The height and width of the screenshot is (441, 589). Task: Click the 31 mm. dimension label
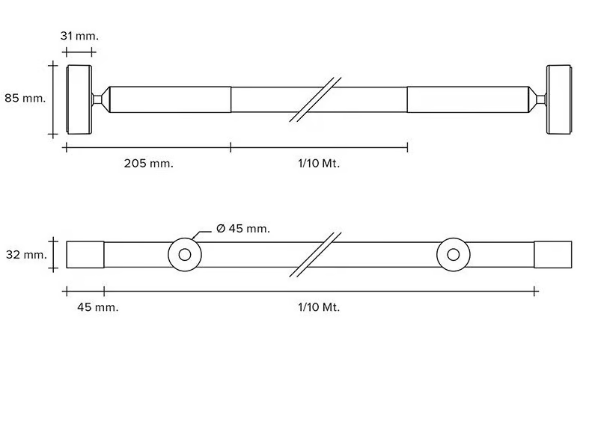click(79, 36)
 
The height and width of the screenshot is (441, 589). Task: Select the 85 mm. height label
click(25, 98)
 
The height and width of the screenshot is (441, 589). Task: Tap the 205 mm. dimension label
click(149, 164)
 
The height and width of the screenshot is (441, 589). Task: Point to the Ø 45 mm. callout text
click(243, 229)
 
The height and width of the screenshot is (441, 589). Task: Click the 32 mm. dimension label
click(26, 255)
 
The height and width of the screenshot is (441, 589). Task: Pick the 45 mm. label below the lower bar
click(97, 307)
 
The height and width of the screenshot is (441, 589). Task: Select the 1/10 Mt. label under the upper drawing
click(319, 164)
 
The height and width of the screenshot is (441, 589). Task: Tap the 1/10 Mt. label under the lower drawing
click(319, 307)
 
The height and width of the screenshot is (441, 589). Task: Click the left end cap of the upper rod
click(79, 99)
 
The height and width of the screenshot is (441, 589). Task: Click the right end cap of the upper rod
click(559, 99)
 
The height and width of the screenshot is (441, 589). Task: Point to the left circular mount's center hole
click(185, 255)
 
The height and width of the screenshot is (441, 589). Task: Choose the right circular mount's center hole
click(454, 255)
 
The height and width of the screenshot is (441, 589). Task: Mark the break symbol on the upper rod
click(315, 99)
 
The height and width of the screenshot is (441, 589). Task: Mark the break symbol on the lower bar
click(315, 255)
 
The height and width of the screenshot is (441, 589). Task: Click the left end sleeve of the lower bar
click(85, 255)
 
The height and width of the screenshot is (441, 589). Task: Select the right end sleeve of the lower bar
click(553, 255)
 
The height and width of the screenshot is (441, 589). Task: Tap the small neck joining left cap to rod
click(97, 99)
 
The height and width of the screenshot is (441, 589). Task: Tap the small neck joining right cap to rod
click(541, 99)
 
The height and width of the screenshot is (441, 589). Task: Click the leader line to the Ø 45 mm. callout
click(202, 235)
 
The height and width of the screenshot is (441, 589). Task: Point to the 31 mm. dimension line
click(79, 52)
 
